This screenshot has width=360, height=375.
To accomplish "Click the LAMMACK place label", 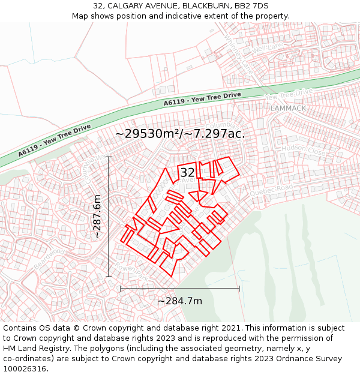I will [288, 109].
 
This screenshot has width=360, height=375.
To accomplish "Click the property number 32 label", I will [187, 173].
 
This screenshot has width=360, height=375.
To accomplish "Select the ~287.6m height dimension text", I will [97, 217].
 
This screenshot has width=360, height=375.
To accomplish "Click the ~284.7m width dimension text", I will [180, 301].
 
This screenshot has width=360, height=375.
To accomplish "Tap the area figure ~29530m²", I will [148, 133].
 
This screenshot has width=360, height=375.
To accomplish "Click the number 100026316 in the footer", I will [25, 368].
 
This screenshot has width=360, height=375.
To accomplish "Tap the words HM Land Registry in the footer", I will [32, 348].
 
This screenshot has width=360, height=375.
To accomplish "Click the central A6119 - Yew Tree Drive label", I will [202, 99].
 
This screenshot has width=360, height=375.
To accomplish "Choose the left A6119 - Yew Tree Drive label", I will [54, 140].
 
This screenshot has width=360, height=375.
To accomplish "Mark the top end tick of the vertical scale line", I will [109, 157].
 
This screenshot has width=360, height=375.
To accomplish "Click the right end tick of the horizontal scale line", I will [239, 289].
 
